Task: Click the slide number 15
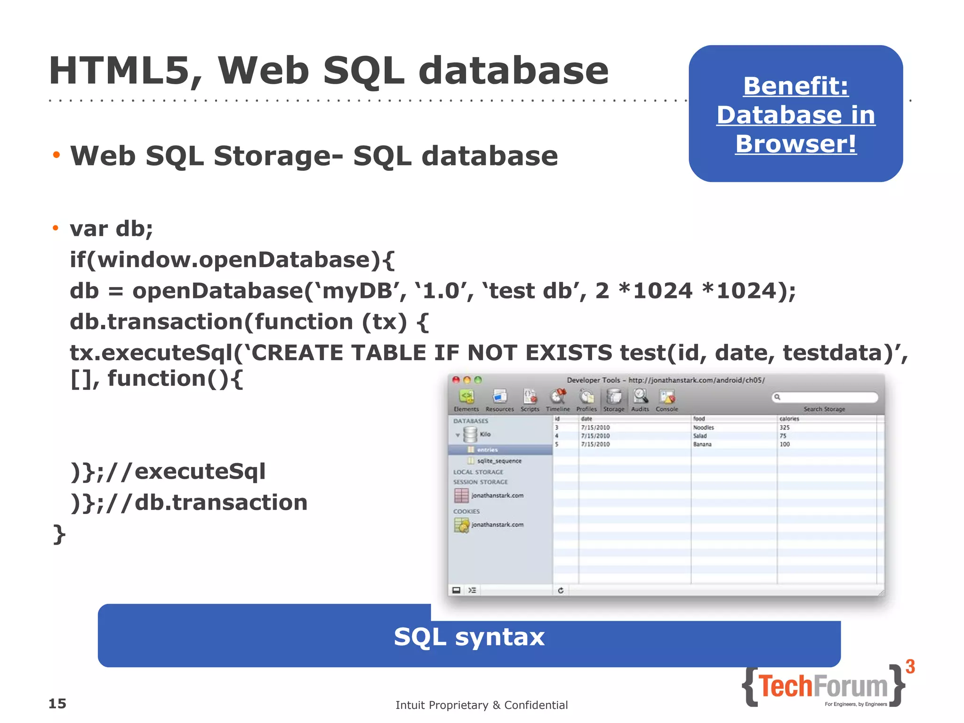(57, 704)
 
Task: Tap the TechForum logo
(823, 686)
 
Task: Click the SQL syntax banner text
(469, 637)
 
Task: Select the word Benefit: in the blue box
(795, 86)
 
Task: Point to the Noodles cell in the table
(703, 427)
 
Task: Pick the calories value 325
(785, 427)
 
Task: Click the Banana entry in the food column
(702, 444)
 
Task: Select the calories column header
(789, 418)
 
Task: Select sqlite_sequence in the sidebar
(499, 461)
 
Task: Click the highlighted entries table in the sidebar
(487, 450)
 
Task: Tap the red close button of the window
(456, 380)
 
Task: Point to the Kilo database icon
(470, 434)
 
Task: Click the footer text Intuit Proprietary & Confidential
(482, 705)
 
